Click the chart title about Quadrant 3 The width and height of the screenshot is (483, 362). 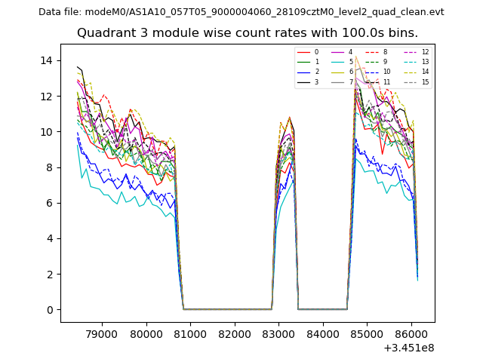click(x=247, y=33)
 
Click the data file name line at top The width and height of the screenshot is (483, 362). click(x=241, y=11)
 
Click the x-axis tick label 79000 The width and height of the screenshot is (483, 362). click(x=101, y=333)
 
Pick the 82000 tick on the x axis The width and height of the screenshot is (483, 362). click(x=234, y=333)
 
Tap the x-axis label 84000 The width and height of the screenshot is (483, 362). click(x=323, y=333)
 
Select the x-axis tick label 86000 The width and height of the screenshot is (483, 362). click(x=411, y=333)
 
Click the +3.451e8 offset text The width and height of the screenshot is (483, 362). click(x=408, y=348)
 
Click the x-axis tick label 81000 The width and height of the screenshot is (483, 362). click(x=189, y=333)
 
